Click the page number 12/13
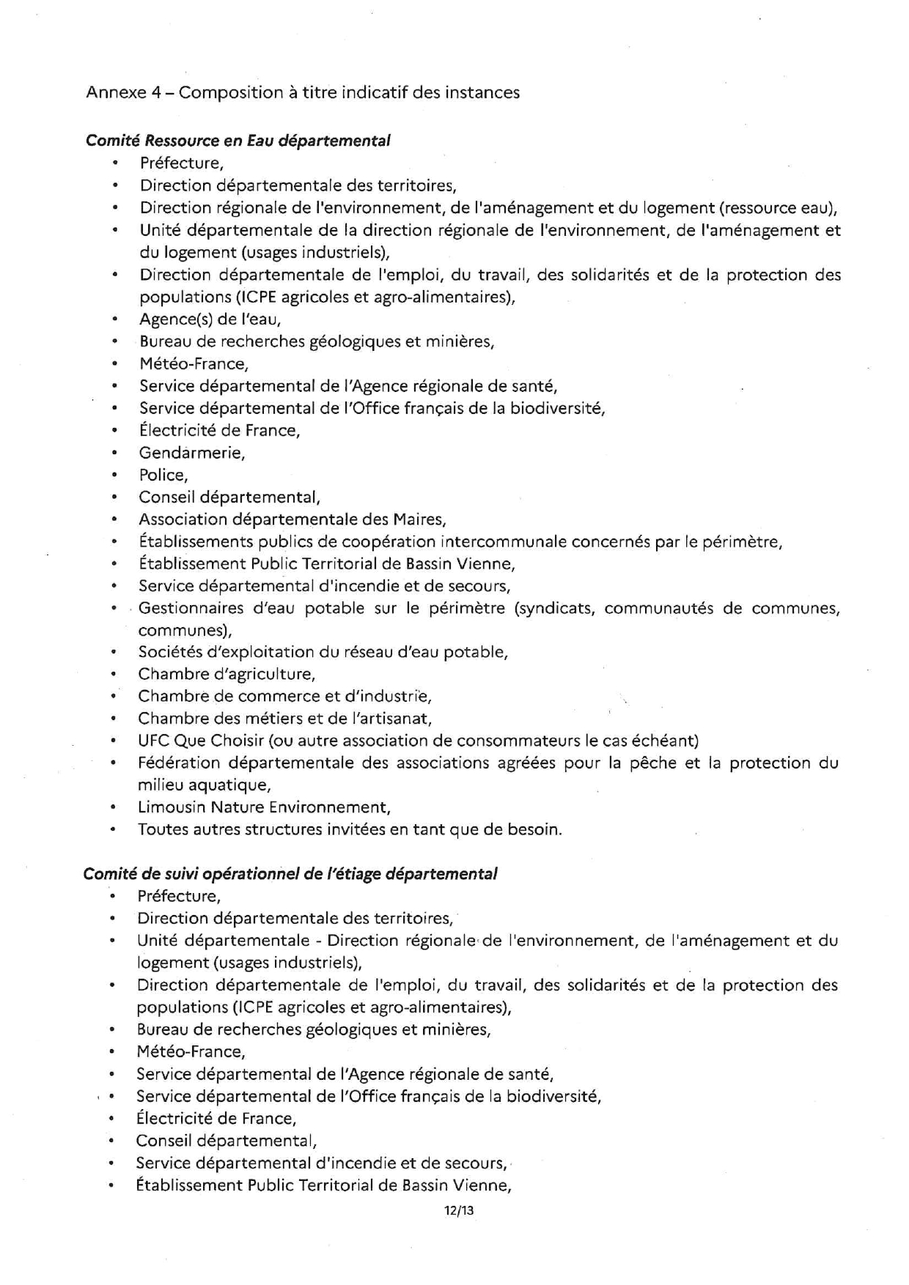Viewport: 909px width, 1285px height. (459, 1210)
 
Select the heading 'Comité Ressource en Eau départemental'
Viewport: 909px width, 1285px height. (238, 140)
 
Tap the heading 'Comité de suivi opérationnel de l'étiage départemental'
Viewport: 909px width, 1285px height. (290, 873)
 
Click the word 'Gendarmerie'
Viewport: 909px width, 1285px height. (191, 453)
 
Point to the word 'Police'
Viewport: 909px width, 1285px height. (163, 475)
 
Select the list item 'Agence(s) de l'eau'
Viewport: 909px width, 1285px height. (210, 319)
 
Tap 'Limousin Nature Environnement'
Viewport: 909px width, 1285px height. (264, 807)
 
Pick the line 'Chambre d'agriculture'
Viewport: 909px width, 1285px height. (227, 674)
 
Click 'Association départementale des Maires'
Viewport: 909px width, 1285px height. (292, 519)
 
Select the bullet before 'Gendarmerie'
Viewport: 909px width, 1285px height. (115, 453)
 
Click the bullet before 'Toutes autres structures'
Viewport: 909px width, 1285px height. (113, 830)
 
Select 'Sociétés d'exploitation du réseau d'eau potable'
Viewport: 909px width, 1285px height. (323, 652)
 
